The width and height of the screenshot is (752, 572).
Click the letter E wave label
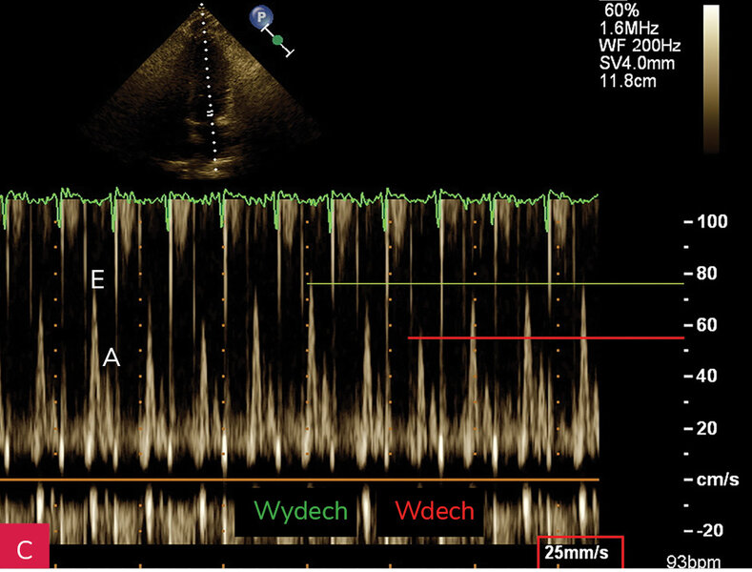[97, 278]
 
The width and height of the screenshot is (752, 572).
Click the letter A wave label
[112, 357]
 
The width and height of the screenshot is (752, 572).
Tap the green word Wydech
[300, 511]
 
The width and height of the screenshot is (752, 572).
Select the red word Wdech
[435, 511]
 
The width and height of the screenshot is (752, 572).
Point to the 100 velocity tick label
[712, 222]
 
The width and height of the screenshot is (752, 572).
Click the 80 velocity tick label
[706, 274]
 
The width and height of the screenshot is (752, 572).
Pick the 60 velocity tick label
[706, 325]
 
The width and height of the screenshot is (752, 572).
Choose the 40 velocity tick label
[706, 376]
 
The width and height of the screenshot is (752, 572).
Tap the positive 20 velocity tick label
[706, 428]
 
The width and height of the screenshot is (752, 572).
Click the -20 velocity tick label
[705, 530]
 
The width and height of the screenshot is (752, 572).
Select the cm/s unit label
[718, 480]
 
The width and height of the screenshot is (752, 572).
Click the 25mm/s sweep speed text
[577, 552]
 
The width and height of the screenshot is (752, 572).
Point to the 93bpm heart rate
[694, 562]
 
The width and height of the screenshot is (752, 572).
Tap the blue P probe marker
[261, 18]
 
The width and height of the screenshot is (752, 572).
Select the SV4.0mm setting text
[637, 63]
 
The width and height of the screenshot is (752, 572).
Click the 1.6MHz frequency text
[629, 28]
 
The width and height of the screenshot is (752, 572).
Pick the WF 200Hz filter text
[640, 46]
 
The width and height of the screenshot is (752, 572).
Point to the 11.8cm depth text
[628, 81]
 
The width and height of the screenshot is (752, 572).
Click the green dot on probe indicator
[277, 41]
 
